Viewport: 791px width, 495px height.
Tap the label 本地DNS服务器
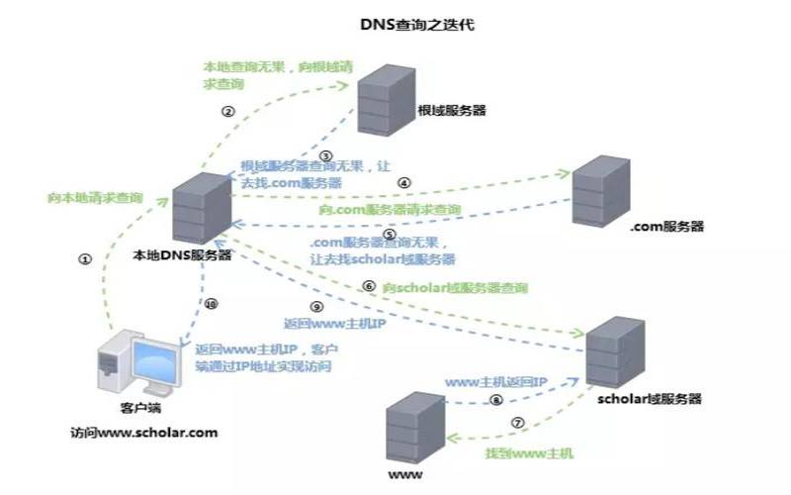184,254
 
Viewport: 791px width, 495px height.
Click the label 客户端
126,408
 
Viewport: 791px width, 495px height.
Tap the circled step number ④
403,183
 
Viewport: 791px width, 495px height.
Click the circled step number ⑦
516,422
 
